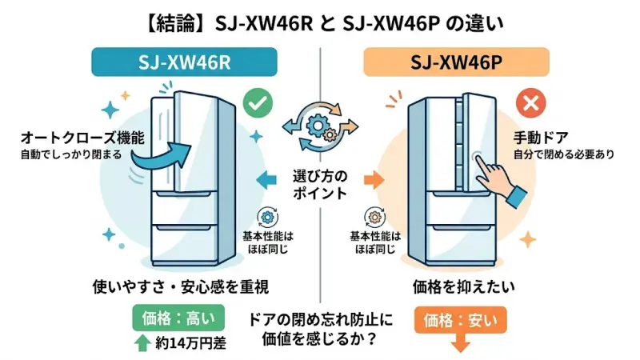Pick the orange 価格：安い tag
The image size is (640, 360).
(460, 322)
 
